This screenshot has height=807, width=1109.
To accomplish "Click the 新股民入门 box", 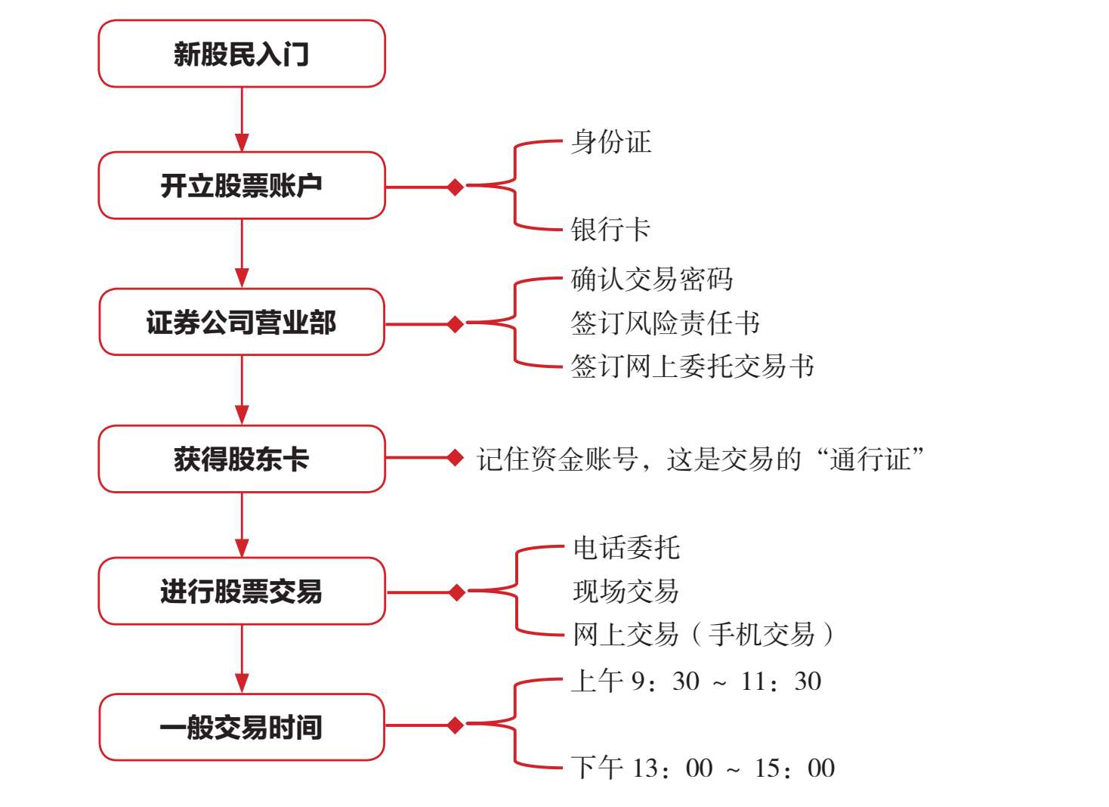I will tap(242, 54).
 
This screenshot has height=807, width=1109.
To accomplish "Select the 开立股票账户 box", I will tap(242, 185).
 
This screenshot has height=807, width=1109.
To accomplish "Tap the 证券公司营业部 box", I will tap(242, 322).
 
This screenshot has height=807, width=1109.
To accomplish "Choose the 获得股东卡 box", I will tap(242, 459).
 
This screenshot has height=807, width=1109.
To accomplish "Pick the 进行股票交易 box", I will tap(242, 591).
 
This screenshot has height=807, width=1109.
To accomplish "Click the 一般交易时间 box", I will tap(242, 727).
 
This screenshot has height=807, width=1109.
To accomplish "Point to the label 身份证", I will tap(610, 142).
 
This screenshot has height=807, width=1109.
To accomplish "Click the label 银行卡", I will tap(610, 230).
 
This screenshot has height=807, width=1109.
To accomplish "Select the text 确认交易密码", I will tap(651, 280).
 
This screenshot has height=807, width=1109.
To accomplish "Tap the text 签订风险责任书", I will tap(665, 323).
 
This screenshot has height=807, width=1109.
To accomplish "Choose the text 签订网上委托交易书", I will tap(692, 366).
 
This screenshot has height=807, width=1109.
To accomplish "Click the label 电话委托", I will tap(626, 548).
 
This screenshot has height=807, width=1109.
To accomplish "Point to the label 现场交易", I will tap(626, 591).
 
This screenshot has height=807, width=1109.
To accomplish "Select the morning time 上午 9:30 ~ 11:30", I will tap(696, 682).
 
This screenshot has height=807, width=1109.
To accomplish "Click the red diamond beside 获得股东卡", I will tap(455, 457).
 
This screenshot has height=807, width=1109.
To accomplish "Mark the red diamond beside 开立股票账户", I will tap(455, 186).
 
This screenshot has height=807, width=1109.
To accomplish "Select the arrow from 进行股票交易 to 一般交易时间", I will tap(242, 659).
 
